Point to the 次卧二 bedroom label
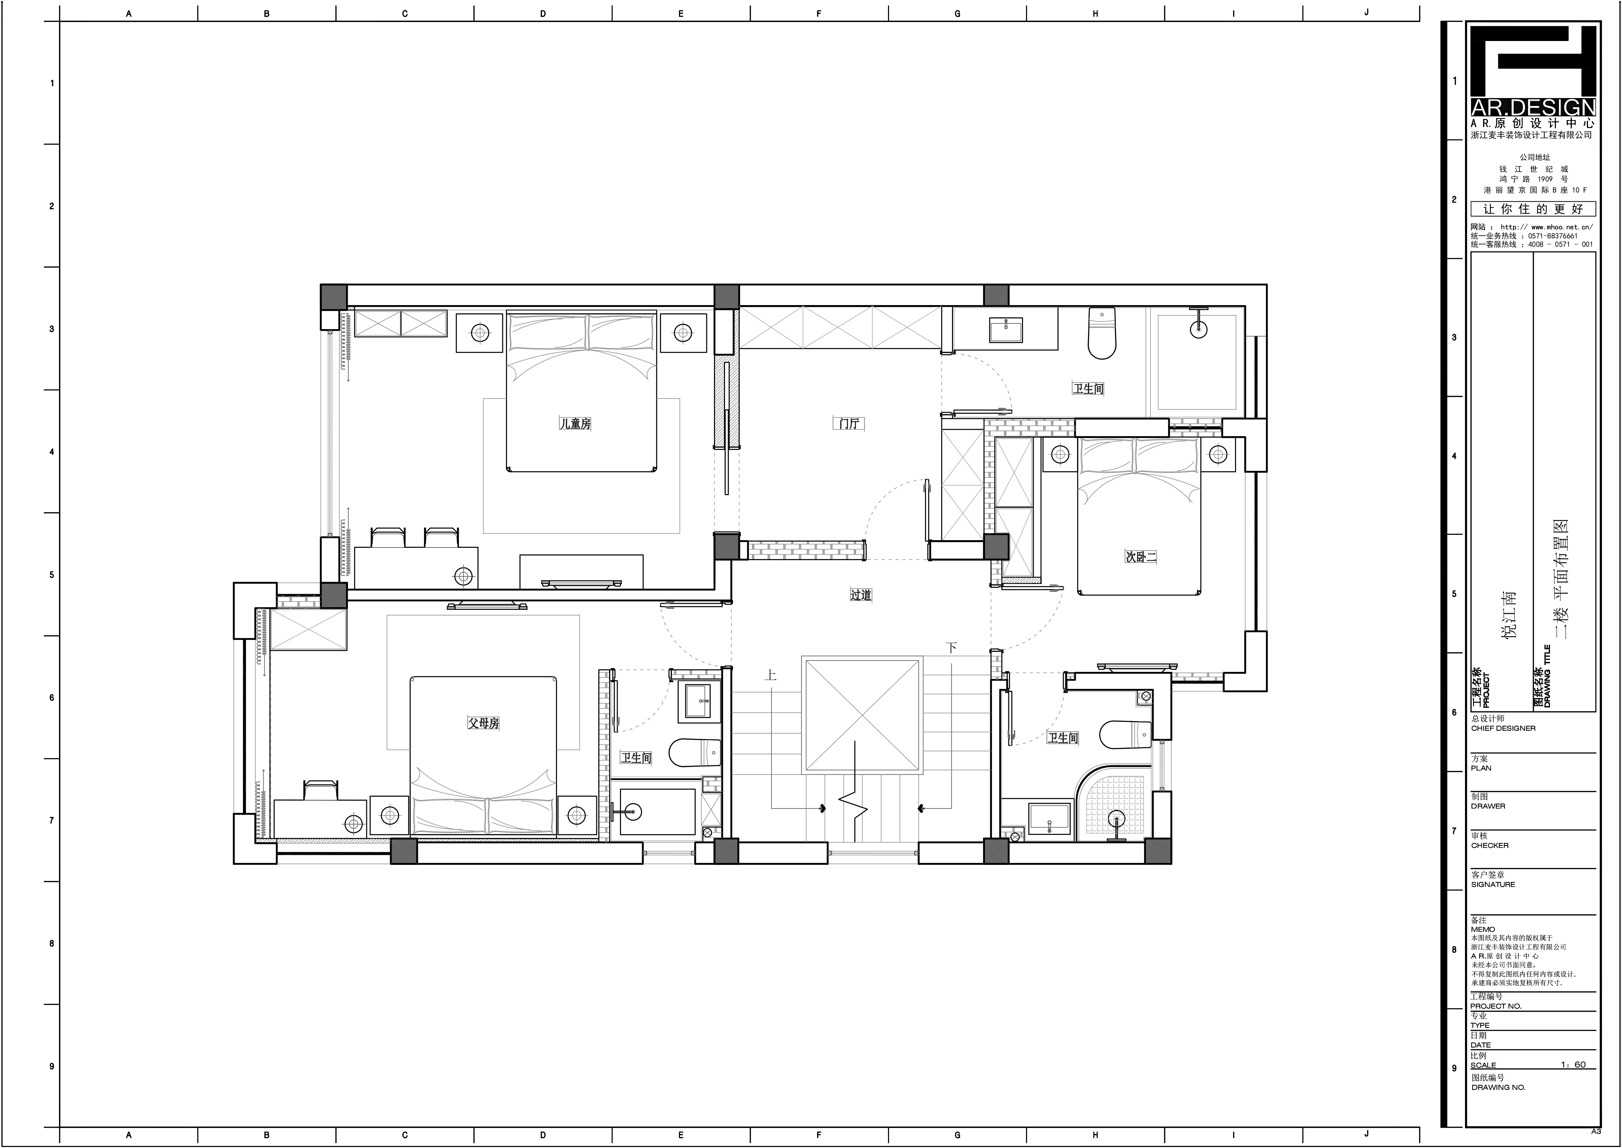[x=1141, y=557]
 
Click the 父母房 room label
[x=483, y=723]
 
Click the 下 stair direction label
[x=952, y=648]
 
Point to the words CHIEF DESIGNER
[x=1503, y=728]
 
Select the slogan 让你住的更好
[x=1533, y=209]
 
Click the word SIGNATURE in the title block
[x=1493, y=884]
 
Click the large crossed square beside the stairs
[x=862, y=716]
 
